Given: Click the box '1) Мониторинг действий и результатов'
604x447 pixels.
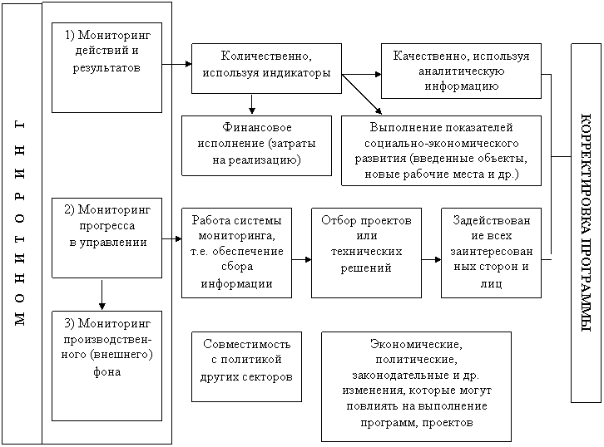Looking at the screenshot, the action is click(x=106, y=67).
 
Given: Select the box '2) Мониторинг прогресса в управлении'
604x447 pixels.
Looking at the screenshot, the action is click(x=106, y=238).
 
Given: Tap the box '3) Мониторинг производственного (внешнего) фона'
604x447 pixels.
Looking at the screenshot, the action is click(x=106, y=366).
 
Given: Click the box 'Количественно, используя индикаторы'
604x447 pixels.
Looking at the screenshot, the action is click(x=266, y=68).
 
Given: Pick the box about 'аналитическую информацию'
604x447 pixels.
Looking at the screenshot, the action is click(x=461, y=71).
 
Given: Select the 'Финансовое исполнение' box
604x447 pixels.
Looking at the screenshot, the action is click(x=256, y=145).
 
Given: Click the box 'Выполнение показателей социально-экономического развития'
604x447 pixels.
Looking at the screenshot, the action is click(x=441, y=150).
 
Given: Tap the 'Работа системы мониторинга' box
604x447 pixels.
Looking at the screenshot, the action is click(x=236, y=253).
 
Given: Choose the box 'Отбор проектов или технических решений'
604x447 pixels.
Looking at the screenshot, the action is click(x=366, y=253).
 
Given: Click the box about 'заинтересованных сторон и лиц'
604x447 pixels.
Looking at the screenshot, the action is click(x=491, y=253).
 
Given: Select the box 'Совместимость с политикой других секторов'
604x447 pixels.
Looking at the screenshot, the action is click(x=246, y=367).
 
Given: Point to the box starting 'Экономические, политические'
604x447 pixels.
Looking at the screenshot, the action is click(x=417, y=386).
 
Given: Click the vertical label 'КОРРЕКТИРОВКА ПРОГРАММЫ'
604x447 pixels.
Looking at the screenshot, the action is click(x=586, y=223).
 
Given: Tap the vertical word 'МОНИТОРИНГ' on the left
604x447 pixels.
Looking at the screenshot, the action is click(x=20, y=223).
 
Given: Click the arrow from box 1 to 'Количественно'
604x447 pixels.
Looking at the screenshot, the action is click(x=177, y=64).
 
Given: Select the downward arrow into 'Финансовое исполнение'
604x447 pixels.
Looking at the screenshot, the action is click(x=251, y=104).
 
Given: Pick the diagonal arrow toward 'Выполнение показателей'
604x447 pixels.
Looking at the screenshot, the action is click(x=362, y=95).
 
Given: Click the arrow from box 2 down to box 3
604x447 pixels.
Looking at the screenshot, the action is click(x=102, y=295).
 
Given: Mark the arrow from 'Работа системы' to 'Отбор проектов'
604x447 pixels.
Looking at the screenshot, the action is click(x=301, y=260).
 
